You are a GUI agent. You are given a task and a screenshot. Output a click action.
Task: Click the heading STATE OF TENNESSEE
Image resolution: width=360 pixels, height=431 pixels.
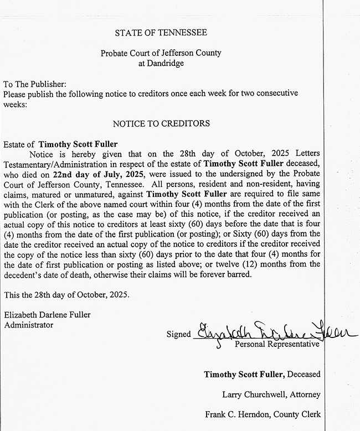[161, 33]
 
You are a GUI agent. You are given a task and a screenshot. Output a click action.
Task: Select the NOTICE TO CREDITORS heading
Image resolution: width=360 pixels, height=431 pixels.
[161, 123]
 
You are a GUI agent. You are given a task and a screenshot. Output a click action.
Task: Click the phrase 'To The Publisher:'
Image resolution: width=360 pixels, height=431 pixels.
[35, 84]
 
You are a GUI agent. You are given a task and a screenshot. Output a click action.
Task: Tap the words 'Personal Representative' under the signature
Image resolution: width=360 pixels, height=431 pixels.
[277, 345]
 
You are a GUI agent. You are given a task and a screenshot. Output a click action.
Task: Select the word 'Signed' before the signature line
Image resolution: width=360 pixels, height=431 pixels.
[178, 334]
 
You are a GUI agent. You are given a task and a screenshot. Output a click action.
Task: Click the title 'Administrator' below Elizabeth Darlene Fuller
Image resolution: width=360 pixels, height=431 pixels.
[29, 325]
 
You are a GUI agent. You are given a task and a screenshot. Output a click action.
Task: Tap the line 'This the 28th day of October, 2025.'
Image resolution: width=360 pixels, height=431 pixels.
[66, 294]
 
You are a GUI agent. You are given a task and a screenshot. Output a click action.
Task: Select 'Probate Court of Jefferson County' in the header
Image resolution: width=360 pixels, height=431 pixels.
[161, 53]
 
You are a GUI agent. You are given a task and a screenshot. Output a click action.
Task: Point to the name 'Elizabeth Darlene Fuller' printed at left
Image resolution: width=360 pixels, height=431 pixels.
[47, 315]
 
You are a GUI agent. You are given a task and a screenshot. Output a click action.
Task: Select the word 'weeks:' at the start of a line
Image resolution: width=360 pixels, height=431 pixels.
[14, 103]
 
